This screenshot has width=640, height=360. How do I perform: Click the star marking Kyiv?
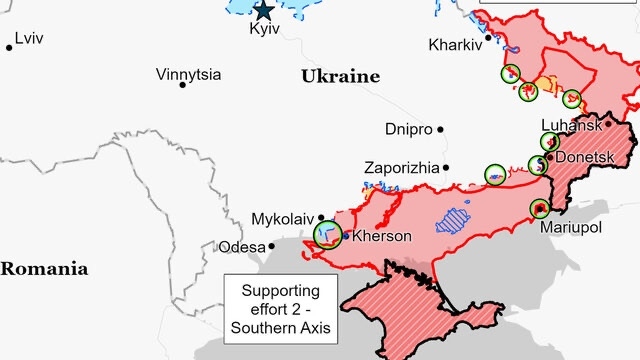click(x=263, y=11)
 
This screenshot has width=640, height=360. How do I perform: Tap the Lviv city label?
click(x=30, y=38)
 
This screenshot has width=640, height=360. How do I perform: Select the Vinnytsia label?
click(x=189, y=75)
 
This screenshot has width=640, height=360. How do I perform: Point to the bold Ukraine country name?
click(x=340, y=76)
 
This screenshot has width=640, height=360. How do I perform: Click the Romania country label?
click(x=43, y=268)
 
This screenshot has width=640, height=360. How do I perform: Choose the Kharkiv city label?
click(x=455, y=45)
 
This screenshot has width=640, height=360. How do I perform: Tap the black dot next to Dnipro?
click(x=439, y=130)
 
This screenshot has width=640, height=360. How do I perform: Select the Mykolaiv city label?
click(x=283, y=218)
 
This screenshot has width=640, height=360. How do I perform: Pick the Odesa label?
click(x=242, y=246)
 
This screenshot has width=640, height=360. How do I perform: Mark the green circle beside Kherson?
click(x=327, y=234)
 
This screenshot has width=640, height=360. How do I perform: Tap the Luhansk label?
click(x=570, y=125)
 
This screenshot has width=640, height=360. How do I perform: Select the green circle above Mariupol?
click(x=540, y=208)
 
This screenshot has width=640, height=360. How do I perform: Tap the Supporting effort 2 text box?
click(x=281, y=308)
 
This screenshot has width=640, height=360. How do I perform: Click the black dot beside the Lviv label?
click(x=9, y=46)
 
